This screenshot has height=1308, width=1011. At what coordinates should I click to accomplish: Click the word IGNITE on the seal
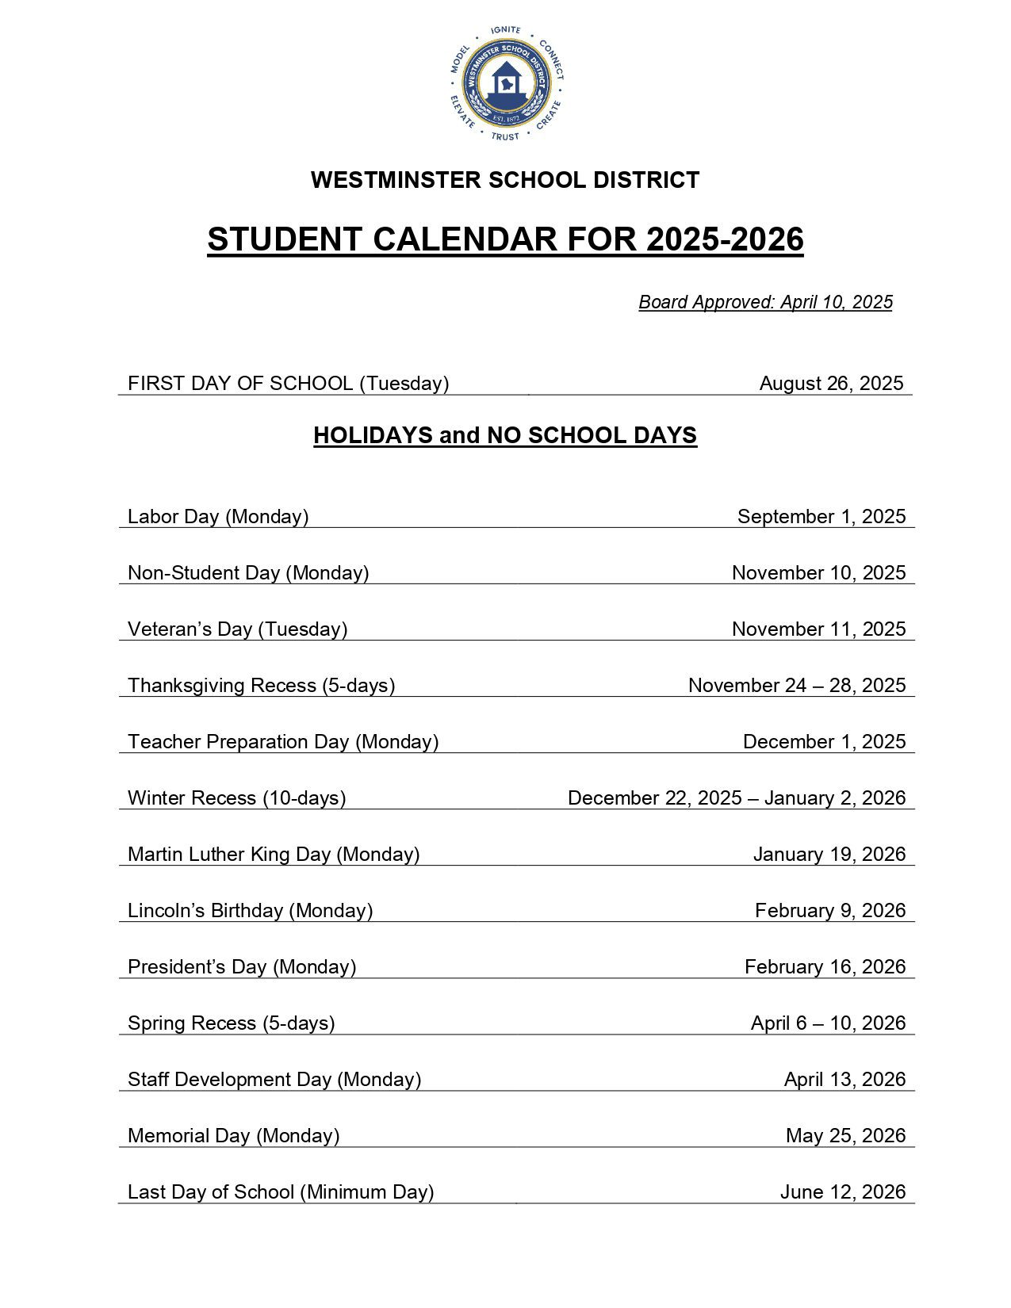click(x=505, y=30)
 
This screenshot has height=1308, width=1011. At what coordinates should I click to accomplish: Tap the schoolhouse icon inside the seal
click(x=505, y=82)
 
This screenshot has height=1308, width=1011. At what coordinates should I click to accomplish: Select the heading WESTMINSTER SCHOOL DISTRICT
click(x=505, y=180)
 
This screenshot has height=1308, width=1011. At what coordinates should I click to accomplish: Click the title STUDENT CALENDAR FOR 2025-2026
click(x=505, y=239)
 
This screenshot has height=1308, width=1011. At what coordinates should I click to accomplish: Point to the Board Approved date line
click(x=765, y=302)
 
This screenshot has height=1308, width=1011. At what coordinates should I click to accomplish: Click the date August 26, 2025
click(x=831, y=384)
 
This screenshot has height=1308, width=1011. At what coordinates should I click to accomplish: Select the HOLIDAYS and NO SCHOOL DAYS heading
click(x=505, y=435)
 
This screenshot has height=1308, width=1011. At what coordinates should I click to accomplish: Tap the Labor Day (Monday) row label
click(x=218, y=517)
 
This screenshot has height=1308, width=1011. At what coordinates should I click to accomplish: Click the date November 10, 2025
click(x=818, y=573)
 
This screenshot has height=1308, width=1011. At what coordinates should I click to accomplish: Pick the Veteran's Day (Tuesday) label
click(x=238, y=629)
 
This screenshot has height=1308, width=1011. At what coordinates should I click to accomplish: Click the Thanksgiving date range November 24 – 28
click(x=796, y=686)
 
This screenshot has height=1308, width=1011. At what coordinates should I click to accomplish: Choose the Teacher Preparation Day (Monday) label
click(x=283, y=742)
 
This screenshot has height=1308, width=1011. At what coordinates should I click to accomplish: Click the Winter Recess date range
click(x=736, y=798)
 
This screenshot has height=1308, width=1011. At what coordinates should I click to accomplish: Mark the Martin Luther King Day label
click(x=274, y=855)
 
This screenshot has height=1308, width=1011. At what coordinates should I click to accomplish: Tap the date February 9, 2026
click(x=829, y=911)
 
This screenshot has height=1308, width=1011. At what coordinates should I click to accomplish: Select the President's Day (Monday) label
click(x=242, y=967)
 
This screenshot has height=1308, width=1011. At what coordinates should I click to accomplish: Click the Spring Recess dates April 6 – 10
click(x=828, y=1023)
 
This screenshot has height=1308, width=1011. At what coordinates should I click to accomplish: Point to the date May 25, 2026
click(x=845, y=1136)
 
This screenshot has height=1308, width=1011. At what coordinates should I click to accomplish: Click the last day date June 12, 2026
click(x=842, y=1192)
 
